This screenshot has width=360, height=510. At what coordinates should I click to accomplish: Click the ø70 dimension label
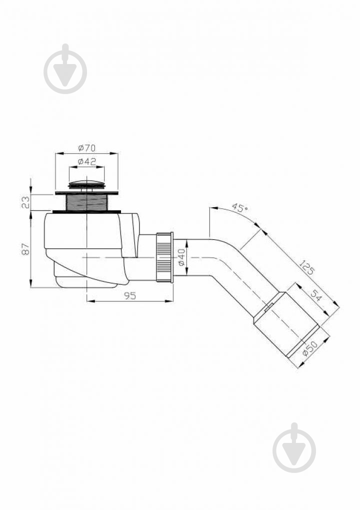[x=87, y=148]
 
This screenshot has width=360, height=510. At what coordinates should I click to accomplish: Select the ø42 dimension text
[x=87, y=162]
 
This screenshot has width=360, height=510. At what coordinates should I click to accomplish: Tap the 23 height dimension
[x=26, y=202]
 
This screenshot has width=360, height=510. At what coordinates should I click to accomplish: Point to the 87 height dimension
[x=26, y=249]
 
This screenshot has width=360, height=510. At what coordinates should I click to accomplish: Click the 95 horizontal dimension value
[x=129, y=296]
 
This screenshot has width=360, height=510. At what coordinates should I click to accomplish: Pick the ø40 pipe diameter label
[x=181, y=257]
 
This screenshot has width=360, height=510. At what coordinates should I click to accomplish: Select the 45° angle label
[x=239, y=208]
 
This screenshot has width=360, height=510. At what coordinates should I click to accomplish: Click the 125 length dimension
[x=306, y=267]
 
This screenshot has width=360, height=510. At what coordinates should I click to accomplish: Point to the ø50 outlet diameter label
[x=309, y=349]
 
